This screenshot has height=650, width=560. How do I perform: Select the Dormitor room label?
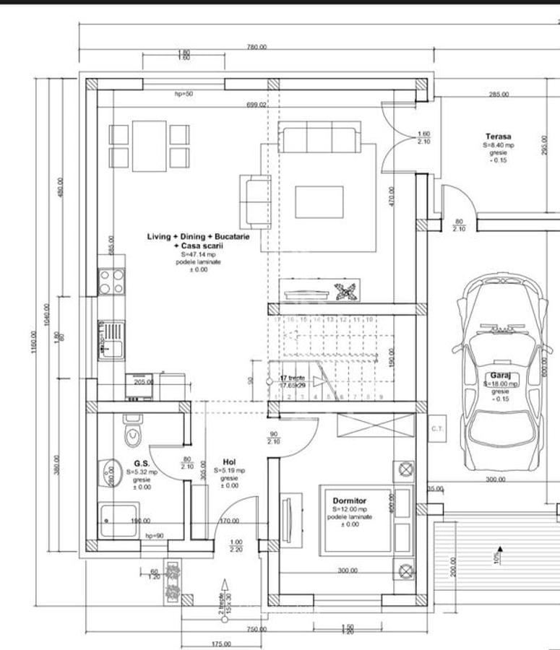click(x=349, y=500)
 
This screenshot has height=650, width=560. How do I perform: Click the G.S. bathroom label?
click(x=142, y=463)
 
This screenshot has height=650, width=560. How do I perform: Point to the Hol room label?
click(x=229, y=462)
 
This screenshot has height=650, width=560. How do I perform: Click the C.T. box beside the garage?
click(x=437, y=428)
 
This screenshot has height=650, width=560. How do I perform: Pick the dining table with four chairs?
click(x=150, y=146)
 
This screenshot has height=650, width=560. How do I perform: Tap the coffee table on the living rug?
click(x=319, y=201)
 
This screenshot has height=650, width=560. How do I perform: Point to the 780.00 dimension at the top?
click(x=257, y=47)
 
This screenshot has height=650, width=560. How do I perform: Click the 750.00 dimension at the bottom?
click(x=257, y=629)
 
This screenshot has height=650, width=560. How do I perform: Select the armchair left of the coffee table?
click(x=254, y=198)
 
